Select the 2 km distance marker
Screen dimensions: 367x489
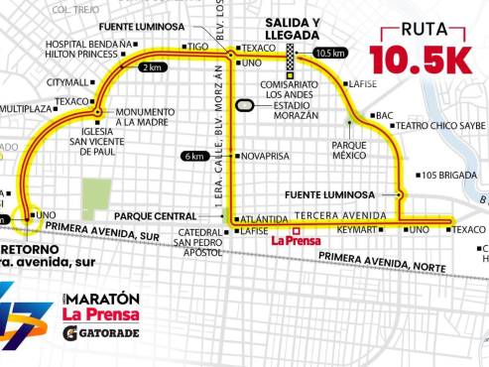click(151, 66)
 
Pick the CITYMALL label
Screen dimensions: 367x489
click(68, 82)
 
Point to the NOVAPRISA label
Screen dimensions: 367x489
click(265, 155)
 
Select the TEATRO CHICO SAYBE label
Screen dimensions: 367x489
click(442, 126)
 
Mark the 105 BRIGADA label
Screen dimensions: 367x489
click(445, 176)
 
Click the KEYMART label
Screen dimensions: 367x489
click(356, 230)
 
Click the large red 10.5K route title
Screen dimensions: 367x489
click(421, 60)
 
